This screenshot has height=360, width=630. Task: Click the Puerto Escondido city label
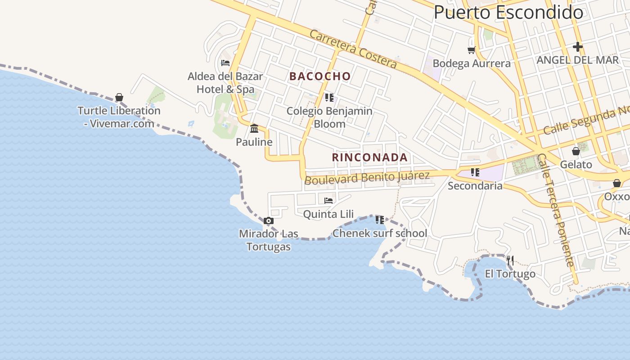point(508,12)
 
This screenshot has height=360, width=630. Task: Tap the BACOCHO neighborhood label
point(320,76)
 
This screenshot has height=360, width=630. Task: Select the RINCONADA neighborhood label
point(370,157)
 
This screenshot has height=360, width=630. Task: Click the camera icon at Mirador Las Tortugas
point(269,220)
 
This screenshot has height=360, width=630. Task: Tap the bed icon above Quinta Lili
point(328,200)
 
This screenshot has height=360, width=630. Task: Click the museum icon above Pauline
point(254,129)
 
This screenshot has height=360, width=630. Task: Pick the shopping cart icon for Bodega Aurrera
point(471,50)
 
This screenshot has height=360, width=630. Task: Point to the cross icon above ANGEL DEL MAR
point(578,46)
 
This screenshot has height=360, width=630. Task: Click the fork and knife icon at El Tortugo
point(510,260)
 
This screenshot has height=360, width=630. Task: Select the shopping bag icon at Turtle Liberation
point(119,97)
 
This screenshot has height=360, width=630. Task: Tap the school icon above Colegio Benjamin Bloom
point(329,97)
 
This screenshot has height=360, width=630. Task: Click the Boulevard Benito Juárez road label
point(367,177)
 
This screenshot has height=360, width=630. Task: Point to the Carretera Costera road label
point(354,49)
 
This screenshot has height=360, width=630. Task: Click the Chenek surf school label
point(380,233)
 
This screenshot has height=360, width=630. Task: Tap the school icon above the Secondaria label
point(475,172)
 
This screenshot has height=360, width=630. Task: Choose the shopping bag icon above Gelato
point(576,151)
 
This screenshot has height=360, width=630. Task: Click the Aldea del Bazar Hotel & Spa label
point(225,83)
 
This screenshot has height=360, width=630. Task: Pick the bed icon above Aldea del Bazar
point(225,63)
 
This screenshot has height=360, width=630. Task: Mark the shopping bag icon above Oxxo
point(616,183)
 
